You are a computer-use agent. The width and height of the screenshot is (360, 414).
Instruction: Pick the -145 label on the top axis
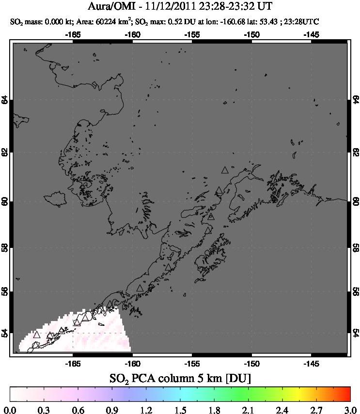[311, 35]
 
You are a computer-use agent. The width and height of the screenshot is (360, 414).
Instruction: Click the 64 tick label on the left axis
[5, 100]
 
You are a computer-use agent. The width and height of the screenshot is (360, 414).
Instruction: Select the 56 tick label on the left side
[5, 291]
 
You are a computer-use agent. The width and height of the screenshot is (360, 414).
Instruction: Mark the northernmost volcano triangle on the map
[224, 170]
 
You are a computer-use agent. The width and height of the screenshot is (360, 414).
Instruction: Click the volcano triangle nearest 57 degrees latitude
[168, 267]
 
